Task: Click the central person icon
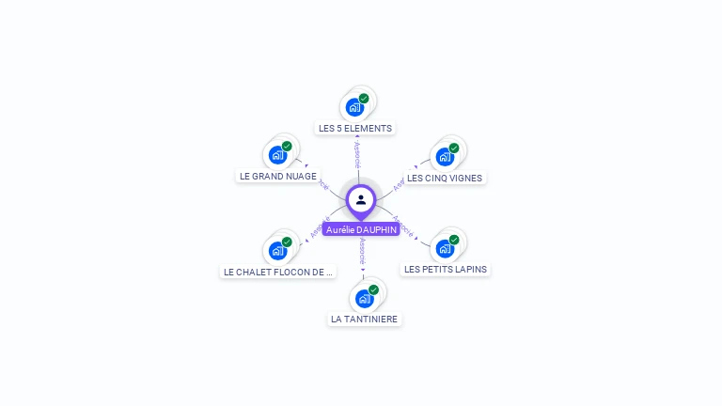point(361,199)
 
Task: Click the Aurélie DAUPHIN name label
point(361,229)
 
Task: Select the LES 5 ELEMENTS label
point(355,128)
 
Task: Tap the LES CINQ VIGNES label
point(445,178)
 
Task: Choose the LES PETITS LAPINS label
point(446,269)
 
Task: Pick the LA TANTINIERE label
point(365,320)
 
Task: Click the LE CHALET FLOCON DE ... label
point(278,272)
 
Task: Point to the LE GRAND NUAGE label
point(278,176)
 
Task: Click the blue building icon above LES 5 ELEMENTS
point(354,106)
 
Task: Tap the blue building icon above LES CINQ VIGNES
point(445,156)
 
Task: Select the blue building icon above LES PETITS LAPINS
point(445,248)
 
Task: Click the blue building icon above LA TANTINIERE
point(364,299)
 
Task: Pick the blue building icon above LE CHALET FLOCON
point(277,250)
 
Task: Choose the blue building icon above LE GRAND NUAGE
point(277,154)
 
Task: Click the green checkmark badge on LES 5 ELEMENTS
point(364,98)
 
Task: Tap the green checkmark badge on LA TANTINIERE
point(373,290)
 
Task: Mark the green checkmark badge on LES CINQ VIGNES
point(454,148)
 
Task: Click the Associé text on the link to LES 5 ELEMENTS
point(358,156)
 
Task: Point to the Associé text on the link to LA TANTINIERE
point(363,249)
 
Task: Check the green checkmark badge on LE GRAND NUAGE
point(287,146)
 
